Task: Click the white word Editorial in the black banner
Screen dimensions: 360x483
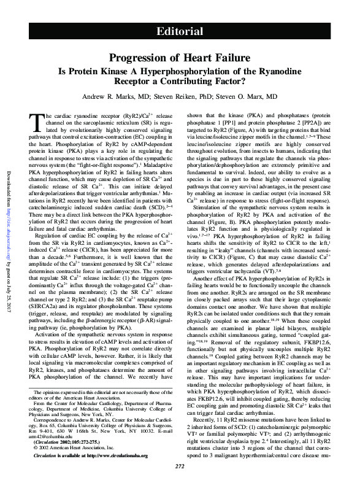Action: pyautogui.click(x=180, y=31)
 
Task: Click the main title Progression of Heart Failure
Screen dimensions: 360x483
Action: pyautogui.click(x=180, y=58)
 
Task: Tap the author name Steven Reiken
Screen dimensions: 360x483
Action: pyautogui.click(x=184, y=97)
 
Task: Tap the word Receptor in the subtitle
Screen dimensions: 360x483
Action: pyautogui.click(x=142, y=80)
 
